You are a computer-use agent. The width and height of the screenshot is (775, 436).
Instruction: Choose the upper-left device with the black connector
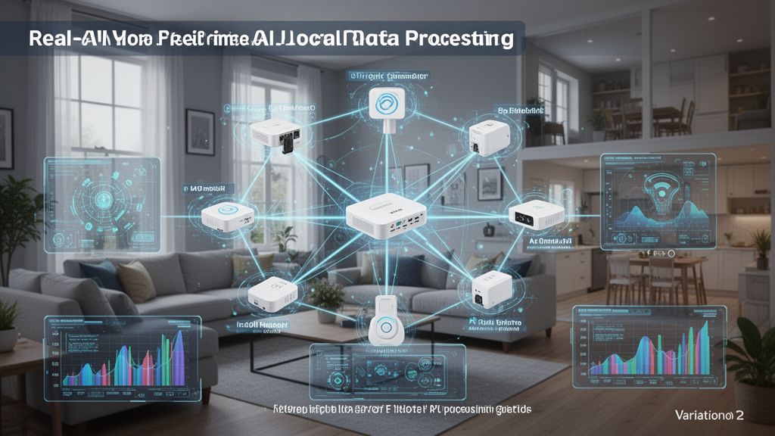(276, 135)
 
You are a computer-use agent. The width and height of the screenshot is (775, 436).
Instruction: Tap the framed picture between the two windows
(200, 132)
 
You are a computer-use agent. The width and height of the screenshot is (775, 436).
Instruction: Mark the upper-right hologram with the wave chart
(657, 201)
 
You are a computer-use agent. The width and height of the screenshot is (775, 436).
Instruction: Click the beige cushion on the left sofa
(136, 281)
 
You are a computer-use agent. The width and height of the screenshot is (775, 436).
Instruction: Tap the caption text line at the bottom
(402, 409)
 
